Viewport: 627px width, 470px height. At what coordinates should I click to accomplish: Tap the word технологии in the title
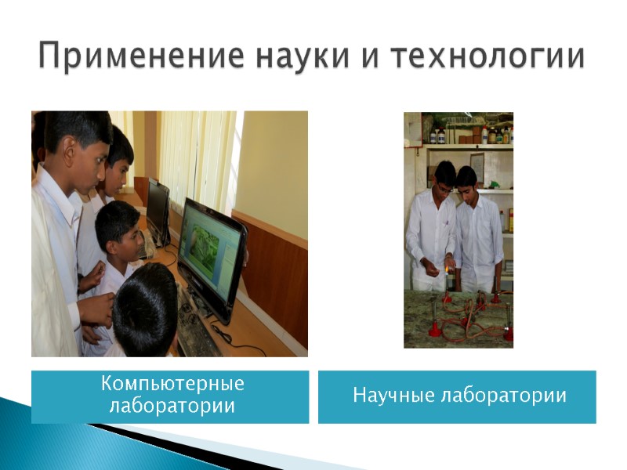487,57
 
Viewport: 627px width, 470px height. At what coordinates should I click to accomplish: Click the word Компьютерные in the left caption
172,385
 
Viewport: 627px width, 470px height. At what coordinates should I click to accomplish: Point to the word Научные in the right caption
387,396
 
